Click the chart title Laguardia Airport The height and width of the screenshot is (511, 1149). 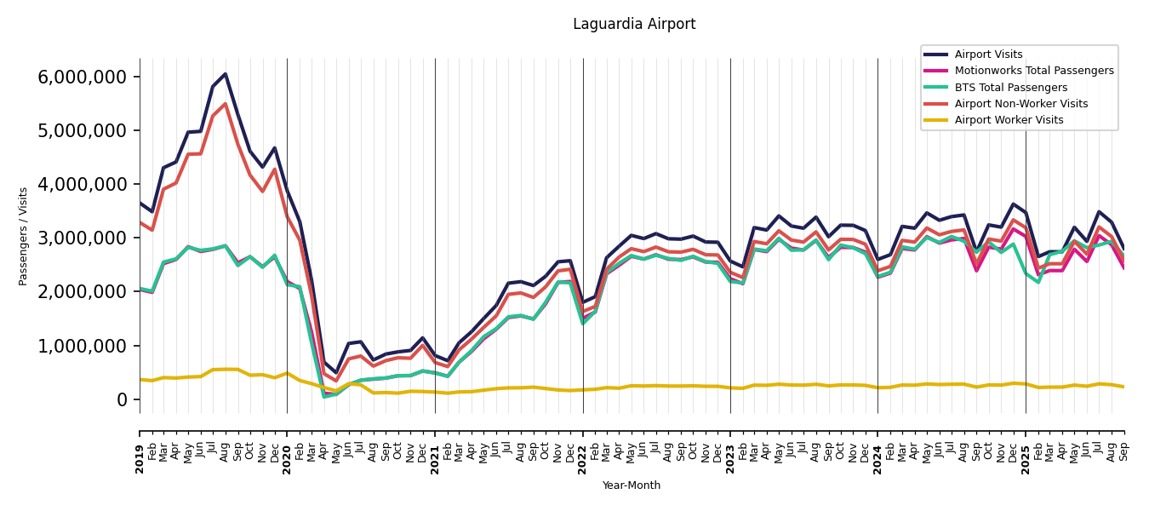[x=634, y=25]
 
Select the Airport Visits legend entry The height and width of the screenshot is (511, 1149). [x=988, y=55]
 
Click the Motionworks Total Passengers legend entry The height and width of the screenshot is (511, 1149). [x=1033, y=71]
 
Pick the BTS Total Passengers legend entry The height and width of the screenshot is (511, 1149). [x=1010, y=88]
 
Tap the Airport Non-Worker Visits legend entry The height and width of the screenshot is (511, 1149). [x=1020, y=104]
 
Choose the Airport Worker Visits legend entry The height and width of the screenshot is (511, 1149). [x=1009, y=120]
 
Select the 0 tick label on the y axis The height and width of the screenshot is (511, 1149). [x=122, y=399]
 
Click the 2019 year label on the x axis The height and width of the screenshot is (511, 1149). [x=140, y=447]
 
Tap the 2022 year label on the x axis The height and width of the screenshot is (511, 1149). [x=583, y=447]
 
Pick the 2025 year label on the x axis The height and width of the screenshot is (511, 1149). [x=1026, y=447]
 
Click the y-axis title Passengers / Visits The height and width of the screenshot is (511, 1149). [x=24, y=236]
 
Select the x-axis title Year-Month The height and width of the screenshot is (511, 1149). [x=632, y=485]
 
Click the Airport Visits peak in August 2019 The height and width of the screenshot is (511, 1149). [x=226, y=74]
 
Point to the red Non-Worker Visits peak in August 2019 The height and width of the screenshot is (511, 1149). [x=226, y=104]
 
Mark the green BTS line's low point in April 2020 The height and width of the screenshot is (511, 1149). [x=324, y=396]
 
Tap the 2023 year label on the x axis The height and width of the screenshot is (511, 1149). [x=730, y=447]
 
